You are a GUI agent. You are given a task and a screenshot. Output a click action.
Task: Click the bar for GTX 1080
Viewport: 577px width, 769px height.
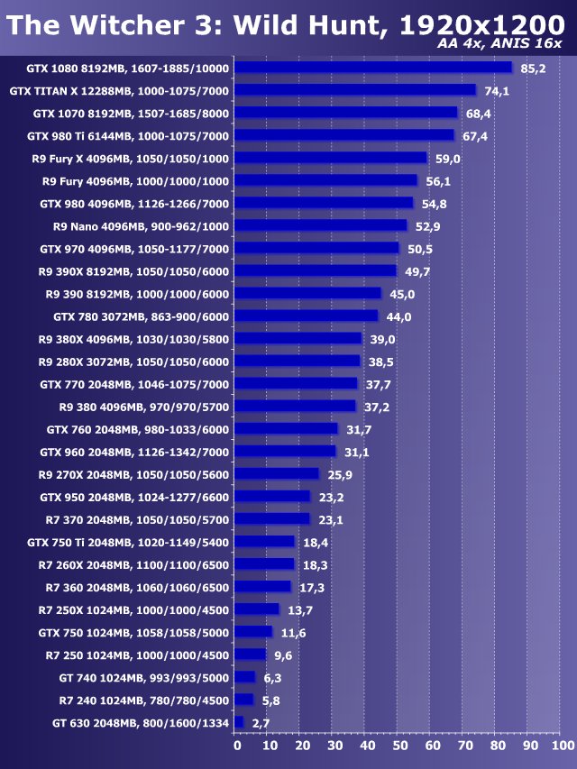tap(373, 68)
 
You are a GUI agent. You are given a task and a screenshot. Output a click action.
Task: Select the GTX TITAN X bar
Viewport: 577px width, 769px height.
tap(355, 90)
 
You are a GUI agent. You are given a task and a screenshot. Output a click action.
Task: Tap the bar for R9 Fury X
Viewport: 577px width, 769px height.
tap(331, 158)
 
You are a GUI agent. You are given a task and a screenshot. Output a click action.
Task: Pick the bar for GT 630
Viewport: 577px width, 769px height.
tap(239, 722)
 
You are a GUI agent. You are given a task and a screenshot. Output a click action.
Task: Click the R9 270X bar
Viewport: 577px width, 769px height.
tap(277, 474)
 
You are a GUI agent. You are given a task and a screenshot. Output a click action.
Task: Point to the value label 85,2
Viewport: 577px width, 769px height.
tap(534, 69)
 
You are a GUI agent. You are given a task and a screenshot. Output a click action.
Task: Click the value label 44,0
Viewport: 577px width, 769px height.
tap(399, 316)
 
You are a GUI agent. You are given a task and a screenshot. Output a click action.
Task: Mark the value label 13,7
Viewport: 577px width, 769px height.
tap(300, 610)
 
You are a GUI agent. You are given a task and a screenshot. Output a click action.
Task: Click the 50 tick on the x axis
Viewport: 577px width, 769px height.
tap(399, 746)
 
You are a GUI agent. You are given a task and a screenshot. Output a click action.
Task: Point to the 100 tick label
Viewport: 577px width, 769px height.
tap(561, 746)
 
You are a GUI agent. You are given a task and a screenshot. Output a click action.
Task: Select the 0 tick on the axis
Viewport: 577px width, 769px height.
tap(236, 746)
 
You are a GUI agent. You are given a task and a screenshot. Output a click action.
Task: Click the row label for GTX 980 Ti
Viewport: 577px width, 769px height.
tap(128, 136)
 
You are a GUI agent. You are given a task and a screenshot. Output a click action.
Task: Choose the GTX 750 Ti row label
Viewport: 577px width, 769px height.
tap(128, 542)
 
